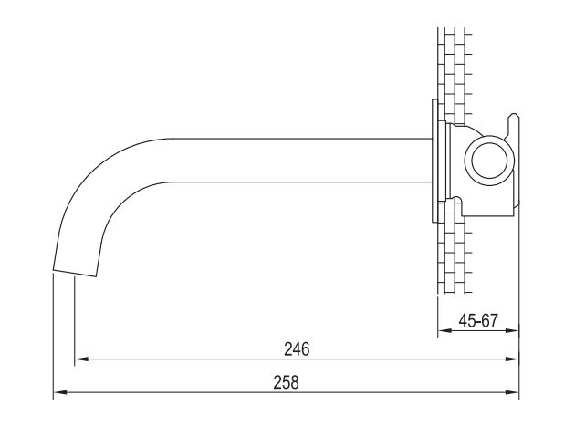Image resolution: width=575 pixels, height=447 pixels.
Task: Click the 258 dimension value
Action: (286, 382)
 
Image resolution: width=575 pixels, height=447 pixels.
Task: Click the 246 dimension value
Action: (297, 349)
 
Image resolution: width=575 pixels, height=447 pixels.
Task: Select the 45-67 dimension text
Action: (478, 321)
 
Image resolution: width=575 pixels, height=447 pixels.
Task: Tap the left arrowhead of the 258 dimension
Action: (60, 392)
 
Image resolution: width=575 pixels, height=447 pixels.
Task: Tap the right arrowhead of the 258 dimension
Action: (512, 392)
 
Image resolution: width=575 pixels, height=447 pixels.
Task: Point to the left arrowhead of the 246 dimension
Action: (81, 359)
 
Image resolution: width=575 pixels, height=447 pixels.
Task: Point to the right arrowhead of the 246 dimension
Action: (512, 359)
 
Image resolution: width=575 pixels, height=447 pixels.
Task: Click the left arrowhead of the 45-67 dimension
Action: (445, 330)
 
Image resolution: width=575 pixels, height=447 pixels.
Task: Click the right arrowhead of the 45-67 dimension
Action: (512, 330)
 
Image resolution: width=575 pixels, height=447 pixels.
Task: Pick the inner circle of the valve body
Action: (489, 144)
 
